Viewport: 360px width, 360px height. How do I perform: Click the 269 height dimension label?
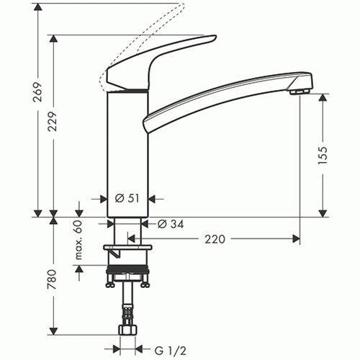point(37,92)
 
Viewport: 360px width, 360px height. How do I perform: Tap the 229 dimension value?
point(53,121)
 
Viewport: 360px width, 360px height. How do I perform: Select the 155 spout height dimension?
point(323,155)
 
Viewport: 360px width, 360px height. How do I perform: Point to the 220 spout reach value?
point(215,239)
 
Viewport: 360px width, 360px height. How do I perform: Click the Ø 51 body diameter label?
point(127,198)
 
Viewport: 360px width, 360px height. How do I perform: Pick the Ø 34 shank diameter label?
point(171,224)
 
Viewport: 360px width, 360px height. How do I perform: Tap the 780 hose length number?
point(52,279)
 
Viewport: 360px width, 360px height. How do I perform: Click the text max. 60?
point(78,240)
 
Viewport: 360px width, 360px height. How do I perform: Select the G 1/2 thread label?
point(171,351)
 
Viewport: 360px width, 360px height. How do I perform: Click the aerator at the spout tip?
point(300,91)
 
